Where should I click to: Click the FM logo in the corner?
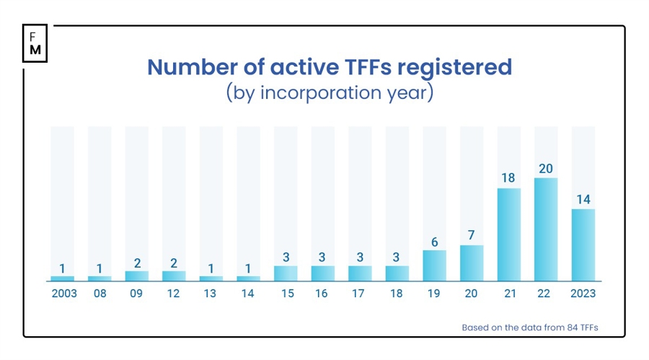35,44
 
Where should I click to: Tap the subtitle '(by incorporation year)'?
329,93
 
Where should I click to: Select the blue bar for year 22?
546,229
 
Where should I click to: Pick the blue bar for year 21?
508,234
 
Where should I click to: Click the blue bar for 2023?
583,245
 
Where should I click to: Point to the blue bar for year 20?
472,263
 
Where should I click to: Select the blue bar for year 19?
434,265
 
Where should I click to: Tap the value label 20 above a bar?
546,168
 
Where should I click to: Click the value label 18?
508,178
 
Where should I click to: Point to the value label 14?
583,199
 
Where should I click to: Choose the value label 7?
472,235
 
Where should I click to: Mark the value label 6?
434,241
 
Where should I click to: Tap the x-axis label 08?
100,294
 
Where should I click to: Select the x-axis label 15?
286,294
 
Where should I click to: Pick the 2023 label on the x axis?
583,294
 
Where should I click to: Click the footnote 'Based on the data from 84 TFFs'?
530,327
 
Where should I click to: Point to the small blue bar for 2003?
62,278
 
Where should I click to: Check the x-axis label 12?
174,294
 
